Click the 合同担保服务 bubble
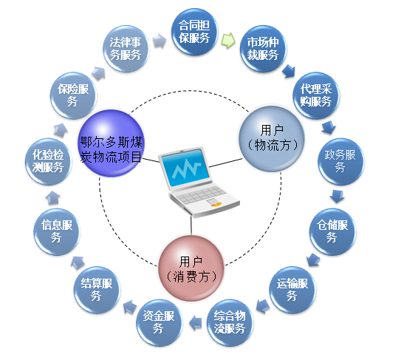[x=195, y=32]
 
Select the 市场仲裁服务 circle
[x=263, y=49]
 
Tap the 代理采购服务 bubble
[x=316, y=95]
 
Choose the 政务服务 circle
[x=340, y=162]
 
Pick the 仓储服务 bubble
[x=332, y=231]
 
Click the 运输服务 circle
[x=292, y=290]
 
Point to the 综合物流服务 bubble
[x=230, y=322]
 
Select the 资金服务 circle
[x=160, y=322]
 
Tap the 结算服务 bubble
[x=97, y=290]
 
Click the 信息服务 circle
[x=57, y=231]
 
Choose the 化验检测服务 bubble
[x=49, y=162]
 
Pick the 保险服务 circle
[x=73, y=95]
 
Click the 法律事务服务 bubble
[x=126, y=49]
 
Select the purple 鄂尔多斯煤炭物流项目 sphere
[x=111, y=143]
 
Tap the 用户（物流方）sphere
[x=272, y=139]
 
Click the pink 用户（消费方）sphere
[x=191, y=268]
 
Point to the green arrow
[x=228, y=40]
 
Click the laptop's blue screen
[x=185, y=167]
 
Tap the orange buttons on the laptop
[x=216, y=205]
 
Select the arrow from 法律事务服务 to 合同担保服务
[x=160, y=41]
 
